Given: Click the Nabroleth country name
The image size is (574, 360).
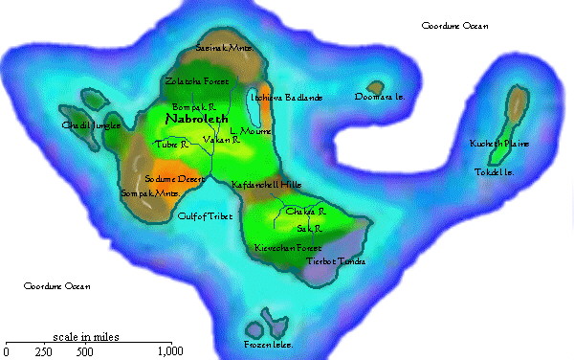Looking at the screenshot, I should point(197,121).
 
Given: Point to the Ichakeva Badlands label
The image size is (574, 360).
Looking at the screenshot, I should point(285,98).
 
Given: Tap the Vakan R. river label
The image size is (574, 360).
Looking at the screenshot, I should point(221,140).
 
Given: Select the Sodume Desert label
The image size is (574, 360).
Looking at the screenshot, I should point(174,179).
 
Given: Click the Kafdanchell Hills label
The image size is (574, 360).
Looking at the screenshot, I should point(267,183).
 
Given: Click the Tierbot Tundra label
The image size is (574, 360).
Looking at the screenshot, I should point(336,260).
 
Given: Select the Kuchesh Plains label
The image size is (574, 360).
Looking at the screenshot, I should point(499,144).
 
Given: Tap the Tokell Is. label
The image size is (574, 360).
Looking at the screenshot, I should point(495,172).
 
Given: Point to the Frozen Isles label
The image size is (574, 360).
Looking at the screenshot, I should point(268,344).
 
